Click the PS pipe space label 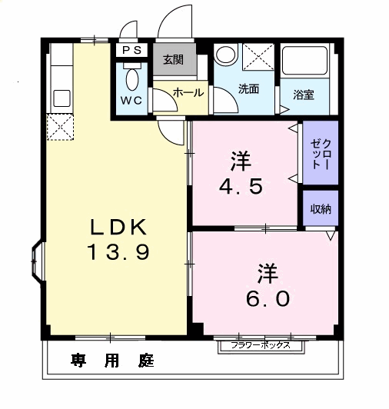[131, 50]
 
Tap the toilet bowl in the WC [132, 79]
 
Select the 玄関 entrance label [173, 60]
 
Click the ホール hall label [188, 92]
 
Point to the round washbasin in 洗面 [225, 55]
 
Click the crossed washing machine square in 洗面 [258, 57]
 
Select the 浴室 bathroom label [304, 95]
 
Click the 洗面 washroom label [248, 89]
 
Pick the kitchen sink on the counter [62, 98]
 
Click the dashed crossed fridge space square [60, 127]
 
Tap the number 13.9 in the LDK [118, 252]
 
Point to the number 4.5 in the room [241, 187]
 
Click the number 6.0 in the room [268, 299]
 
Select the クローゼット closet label [321, 154]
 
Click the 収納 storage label [321, 208]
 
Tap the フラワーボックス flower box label [261, 345]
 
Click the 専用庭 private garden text [112, 361]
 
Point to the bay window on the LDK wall [37, 261]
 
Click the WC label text [131, 101]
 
